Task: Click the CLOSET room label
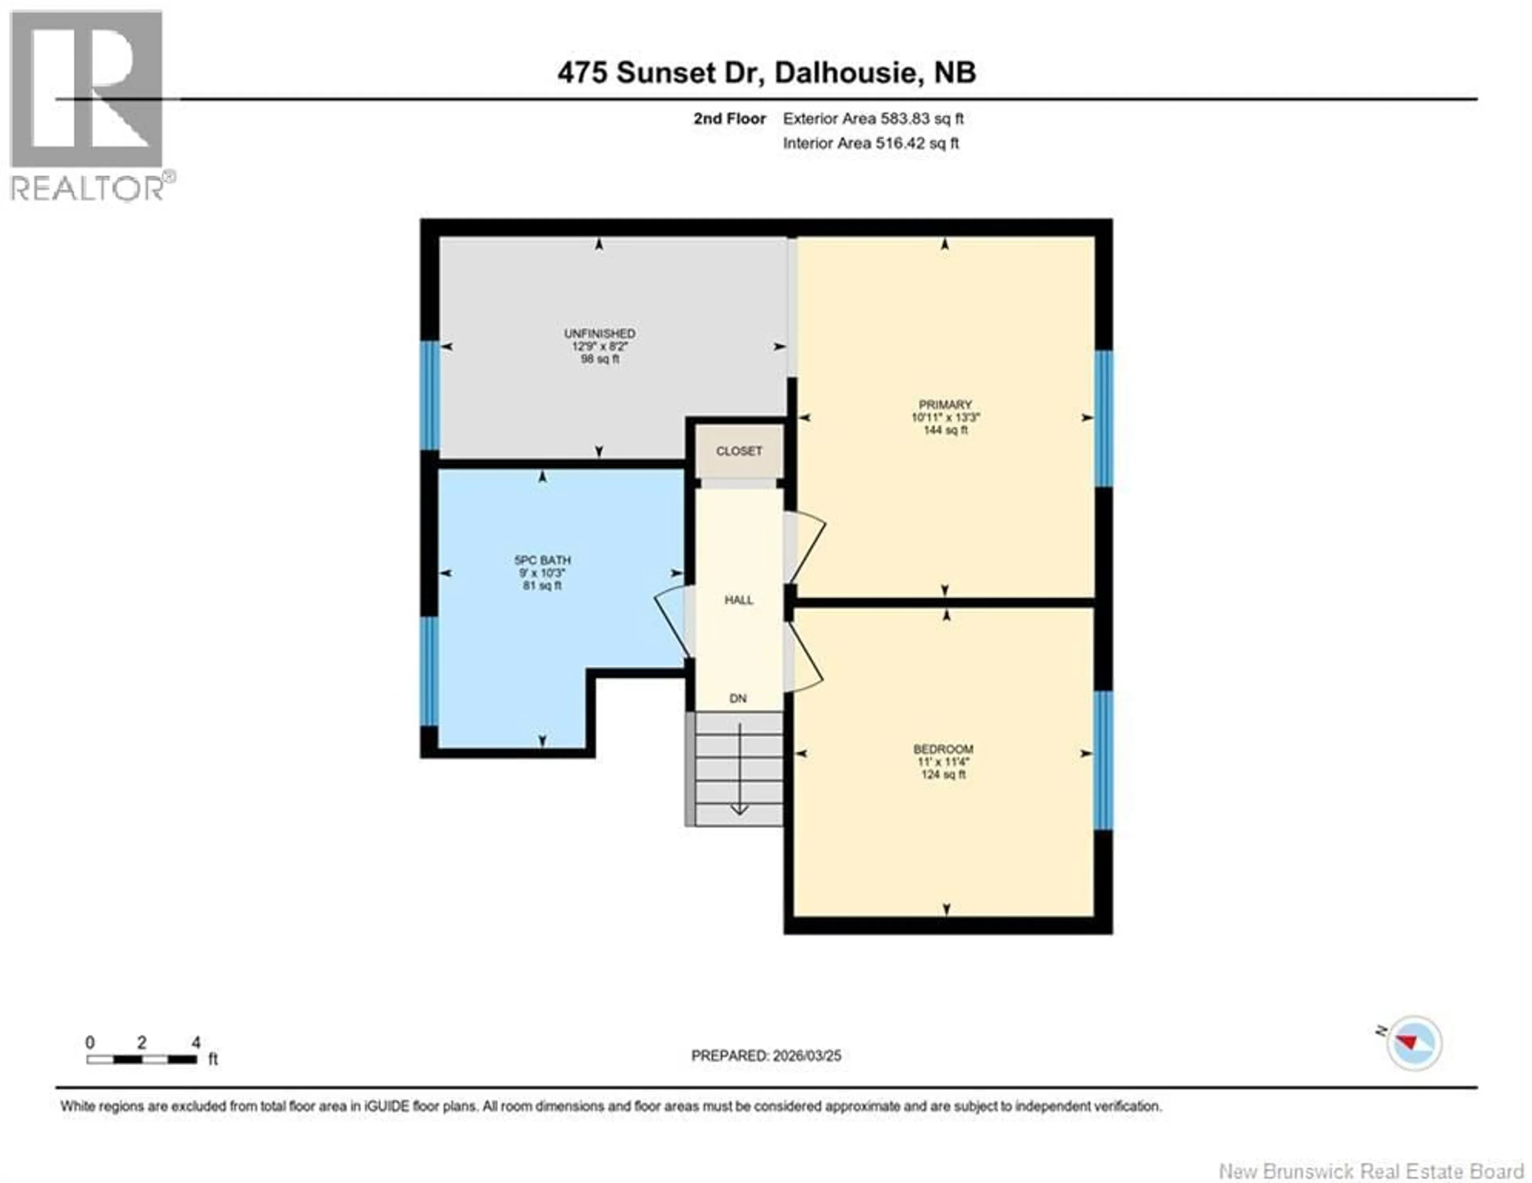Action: click(x=738, y=451)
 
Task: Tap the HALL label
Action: click(x=738, y=600)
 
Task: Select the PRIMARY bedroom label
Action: click(x=945, y=405)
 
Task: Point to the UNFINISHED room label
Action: click(x=600, y=333)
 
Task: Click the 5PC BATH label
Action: click(x=542, y=560)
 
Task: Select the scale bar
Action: click(x=142, y=1059)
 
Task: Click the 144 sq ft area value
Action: click(x=945, y=430)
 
